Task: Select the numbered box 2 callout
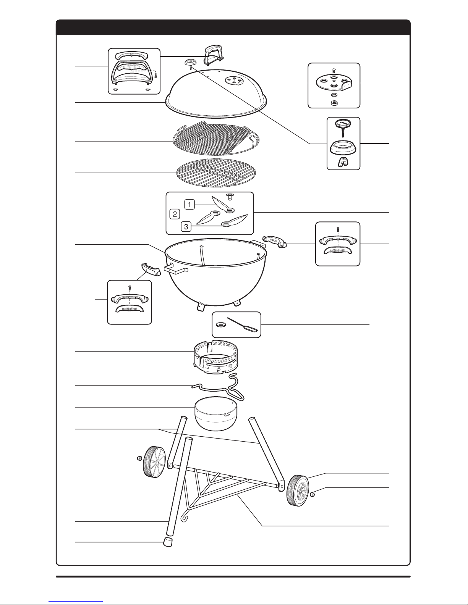pos(175,214)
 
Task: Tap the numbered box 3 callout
pos(186,227)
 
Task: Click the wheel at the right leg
pos(298,490)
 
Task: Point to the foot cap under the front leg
pos(167,542)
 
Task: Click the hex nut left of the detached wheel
pos(139,458)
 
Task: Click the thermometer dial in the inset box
pos(342,124)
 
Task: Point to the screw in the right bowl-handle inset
pos(338,229)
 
